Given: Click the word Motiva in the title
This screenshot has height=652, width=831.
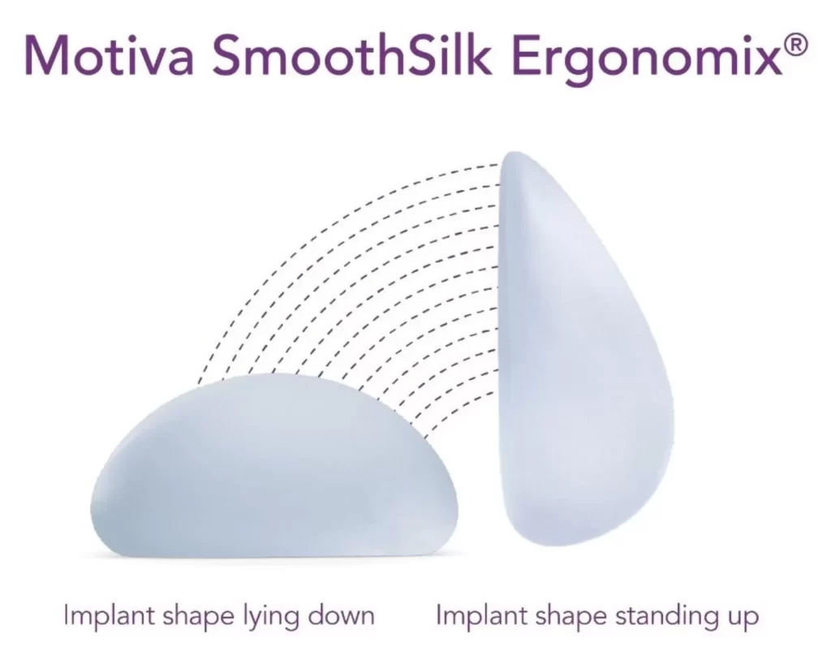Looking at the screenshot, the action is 109,54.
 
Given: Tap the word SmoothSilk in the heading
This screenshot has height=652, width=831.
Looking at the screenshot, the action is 350,54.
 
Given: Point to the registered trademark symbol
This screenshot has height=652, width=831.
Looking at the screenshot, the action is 797,44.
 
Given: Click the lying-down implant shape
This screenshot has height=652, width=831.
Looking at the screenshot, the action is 274,467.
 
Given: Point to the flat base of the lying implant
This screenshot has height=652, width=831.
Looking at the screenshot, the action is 276,554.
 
